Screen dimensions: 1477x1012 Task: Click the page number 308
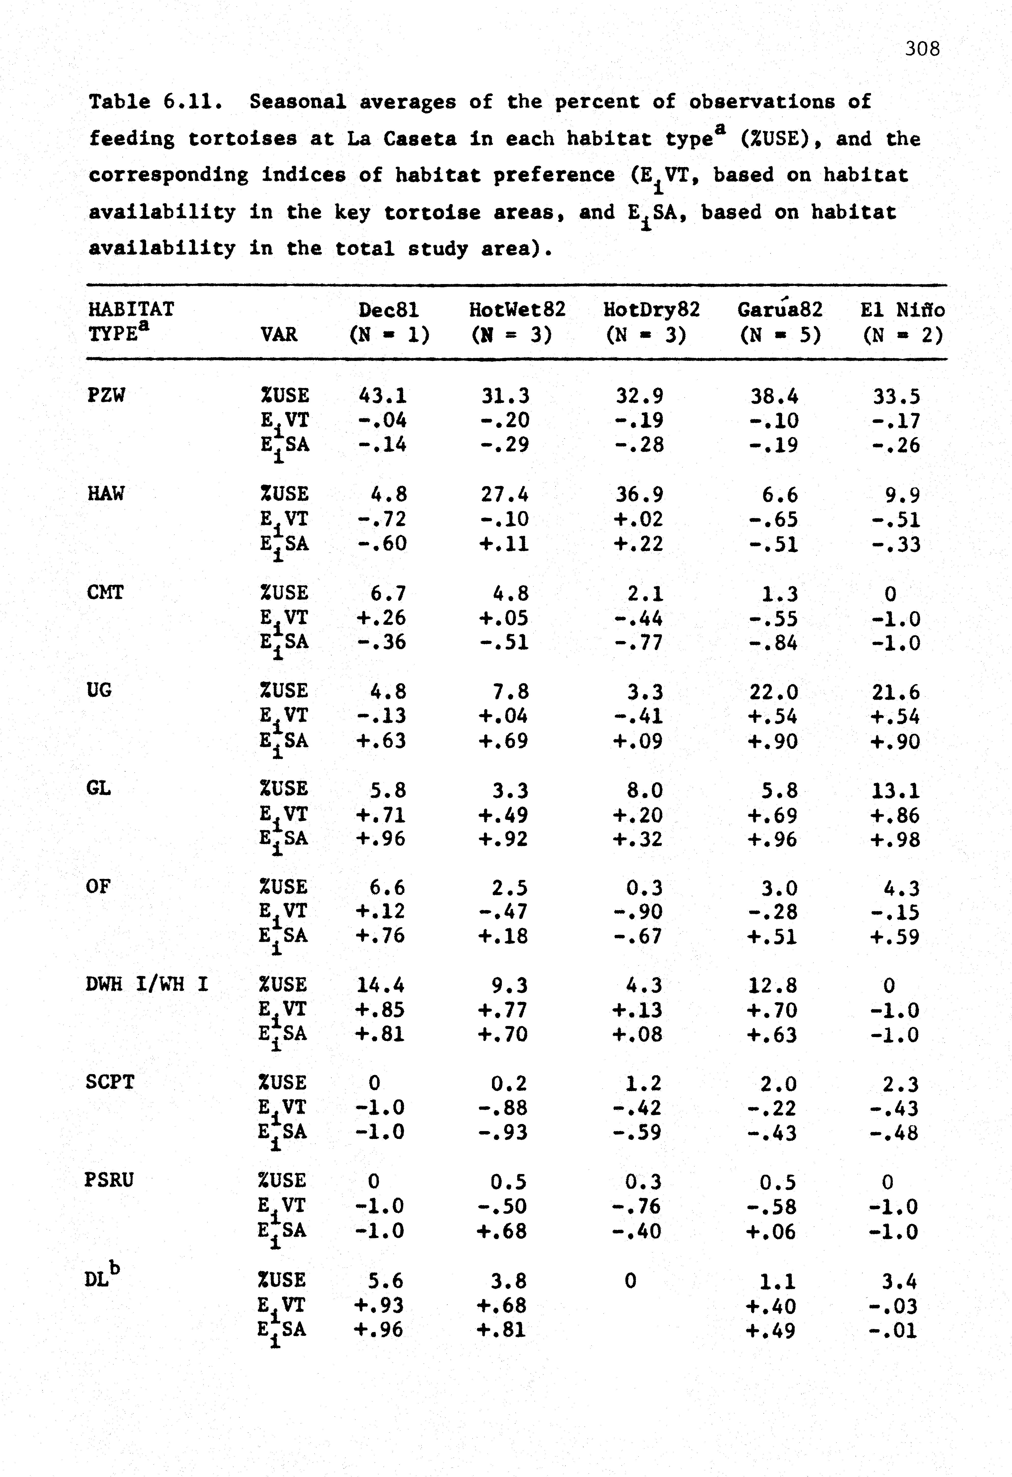click(922, 49)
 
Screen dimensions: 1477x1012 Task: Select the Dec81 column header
click(388, 310)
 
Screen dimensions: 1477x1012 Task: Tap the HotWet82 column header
click(517, 310)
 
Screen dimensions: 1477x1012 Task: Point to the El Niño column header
click(902, 310)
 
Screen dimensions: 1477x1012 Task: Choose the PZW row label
click(106, 395)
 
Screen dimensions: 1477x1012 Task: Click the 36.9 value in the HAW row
click(639, 494)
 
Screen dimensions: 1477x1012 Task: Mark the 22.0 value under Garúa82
click(773, 691)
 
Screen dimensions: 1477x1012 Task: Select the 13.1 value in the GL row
click(896, 791)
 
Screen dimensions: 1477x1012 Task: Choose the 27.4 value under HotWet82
click(505, 494)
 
